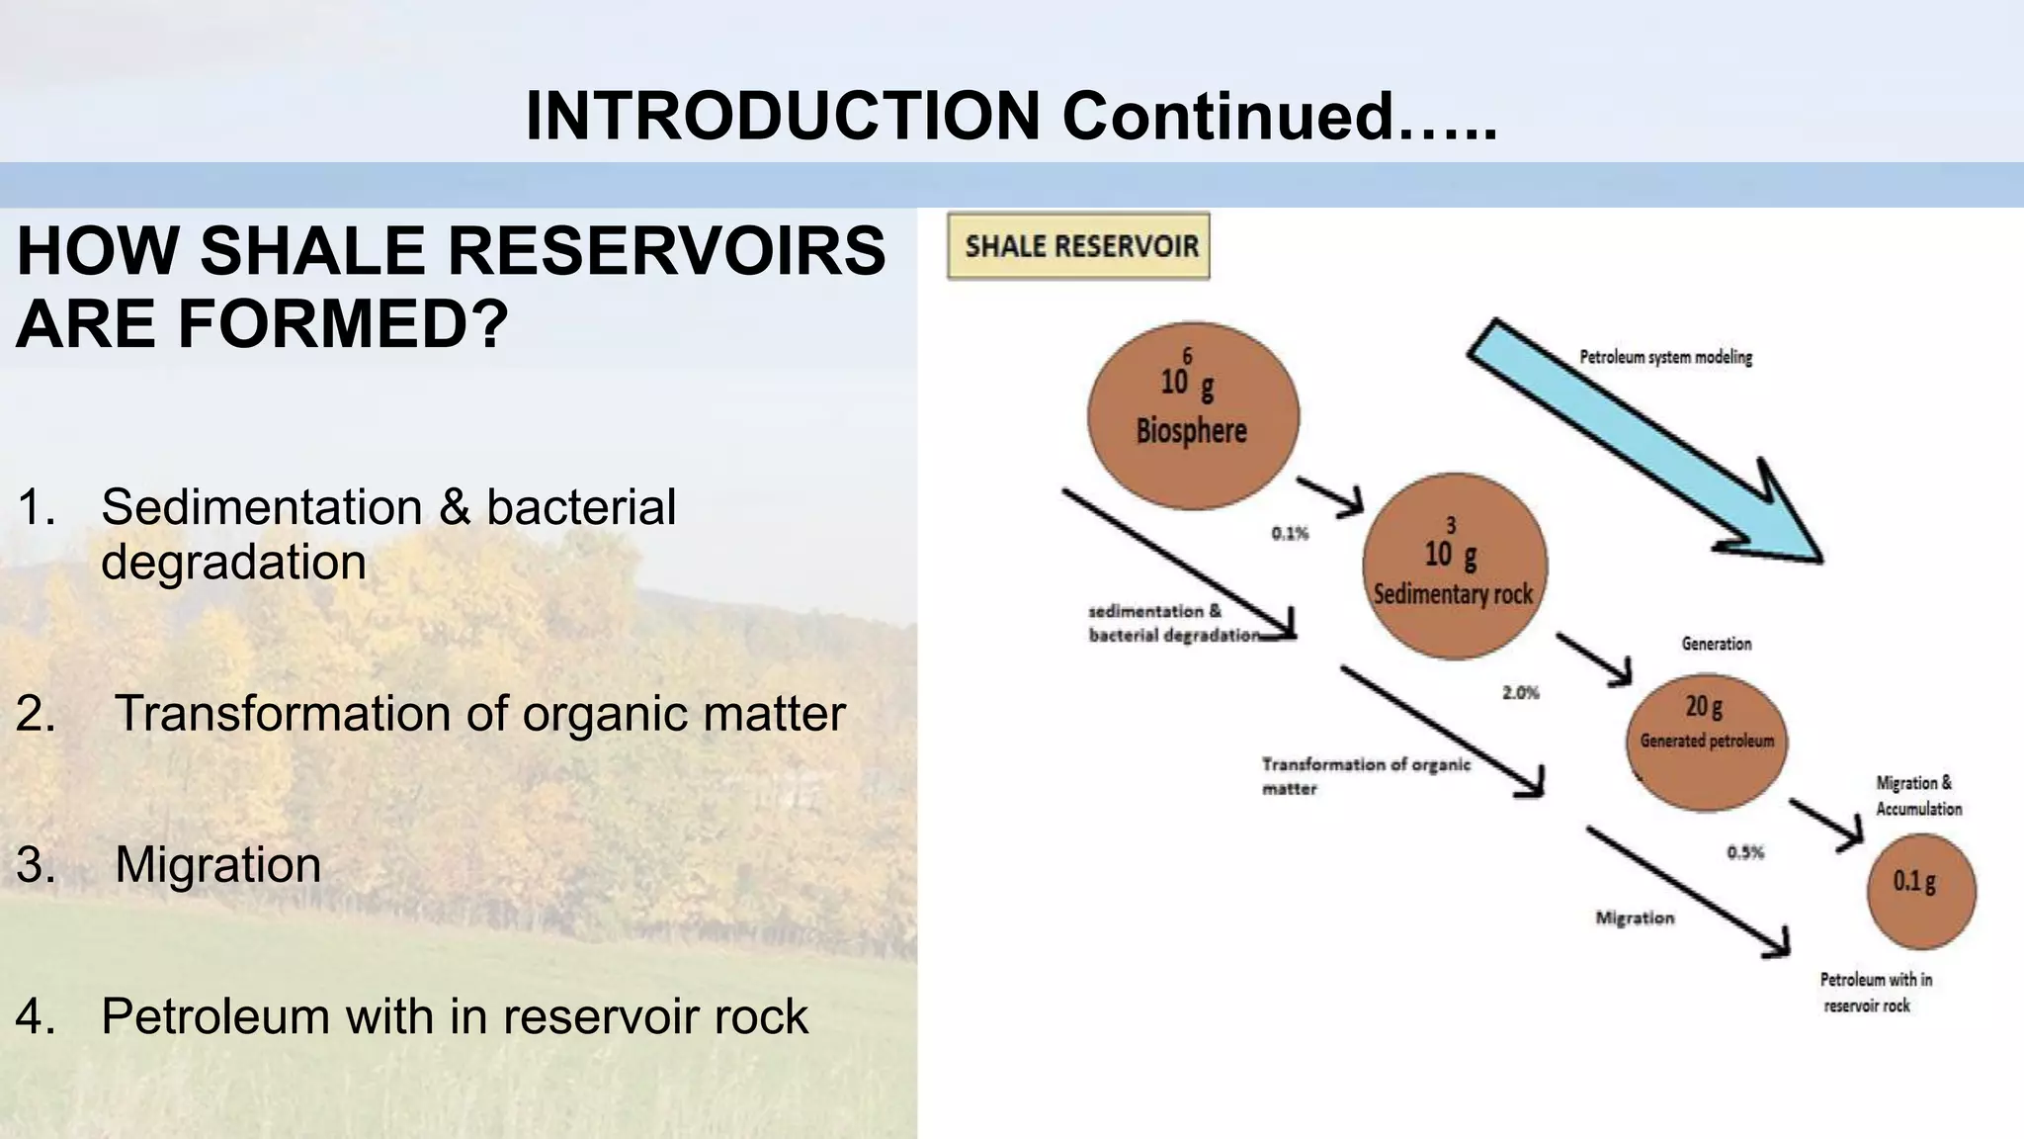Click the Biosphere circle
click(x=1193, y=415)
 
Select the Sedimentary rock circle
click(x=1454, y=567)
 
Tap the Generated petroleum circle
click(x=1707, y=742)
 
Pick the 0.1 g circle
click(x=1920, y=891)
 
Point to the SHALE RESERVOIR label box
click(x=1078, y=246)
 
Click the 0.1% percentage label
click(x=1290, y=534)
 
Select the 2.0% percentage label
click(x=1521, y=693)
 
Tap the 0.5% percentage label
click(x=1745, y=852)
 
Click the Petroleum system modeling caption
click(x=1665, y=357)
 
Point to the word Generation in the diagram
click(x=1717, y=644)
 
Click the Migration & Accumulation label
click(x=1918, y=796)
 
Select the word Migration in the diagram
click(x=1635, y=919)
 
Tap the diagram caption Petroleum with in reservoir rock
click(x=1875, y=993)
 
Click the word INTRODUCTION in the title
click(x=782, y=116)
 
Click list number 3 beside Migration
click(x=36, y=865)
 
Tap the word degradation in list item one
click(x=233, y=563)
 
